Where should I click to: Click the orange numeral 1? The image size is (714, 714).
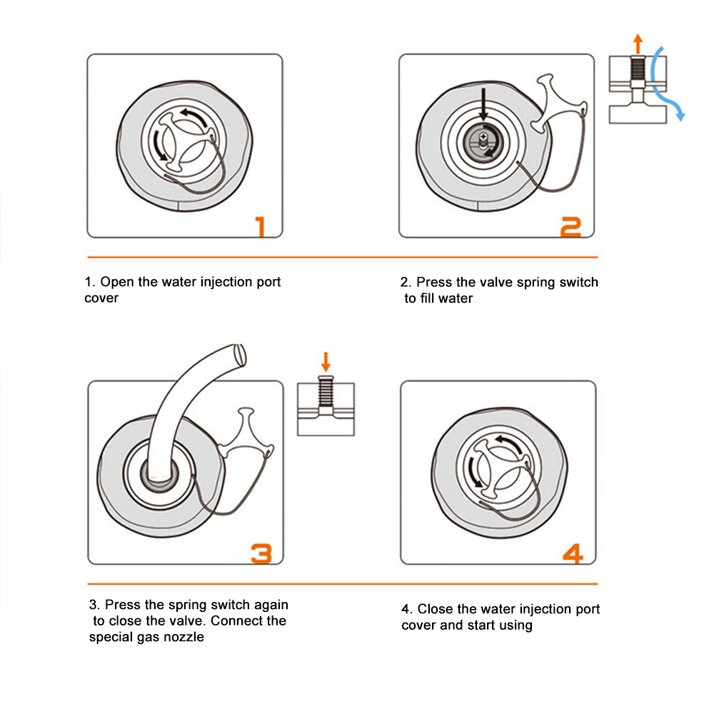pos(261,227)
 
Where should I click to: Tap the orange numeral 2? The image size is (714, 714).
pos(571,227)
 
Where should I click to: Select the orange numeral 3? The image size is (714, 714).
pos(261,553)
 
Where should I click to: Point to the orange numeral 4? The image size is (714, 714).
pos(573,553)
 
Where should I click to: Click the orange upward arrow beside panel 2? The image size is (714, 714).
pos(638,44)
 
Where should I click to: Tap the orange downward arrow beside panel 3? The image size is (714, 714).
pos(326,361)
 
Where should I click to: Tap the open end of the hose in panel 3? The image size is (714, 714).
pos(240,355)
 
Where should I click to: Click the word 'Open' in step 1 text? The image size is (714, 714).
pos(117,282)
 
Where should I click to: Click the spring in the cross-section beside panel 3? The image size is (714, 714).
pos(326,391)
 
